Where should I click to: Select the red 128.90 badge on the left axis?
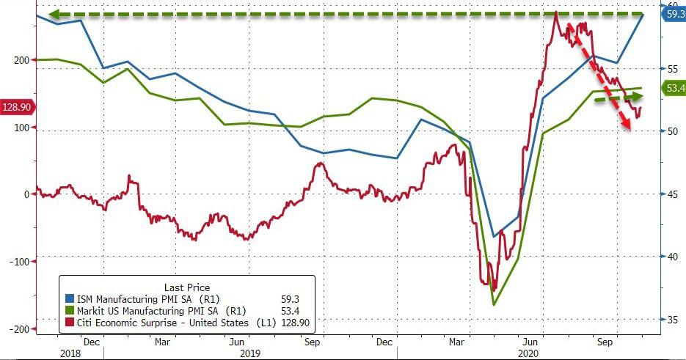[16, 107]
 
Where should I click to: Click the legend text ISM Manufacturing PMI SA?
[140, 299]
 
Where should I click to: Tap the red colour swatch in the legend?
[70, 323]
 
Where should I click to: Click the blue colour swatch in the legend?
[70, 299]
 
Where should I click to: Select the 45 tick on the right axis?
[670, 194]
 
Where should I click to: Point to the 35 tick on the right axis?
[670, 320]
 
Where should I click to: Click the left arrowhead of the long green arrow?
[51, 14]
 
